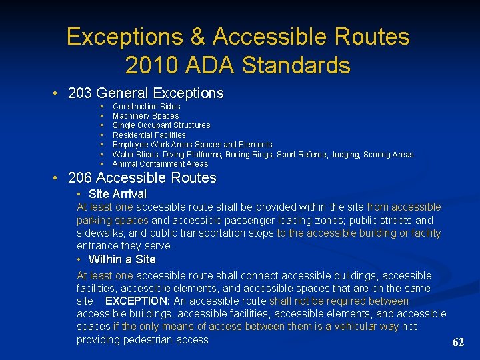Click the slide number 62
pos(458,343)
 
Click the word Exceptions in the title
pos(115,36)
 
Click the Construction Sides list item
pos(146,107)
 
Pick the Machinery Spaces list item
pos(145,116)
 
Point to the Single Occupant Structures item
pos(161,125)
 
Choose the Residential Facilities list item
pos(149,135)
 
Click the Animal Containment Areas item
pos(160,164)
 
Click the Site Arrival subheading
pos(117,194)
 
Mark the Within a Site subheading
pos(121,259)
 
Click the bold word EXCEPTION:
pos(138,301)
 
